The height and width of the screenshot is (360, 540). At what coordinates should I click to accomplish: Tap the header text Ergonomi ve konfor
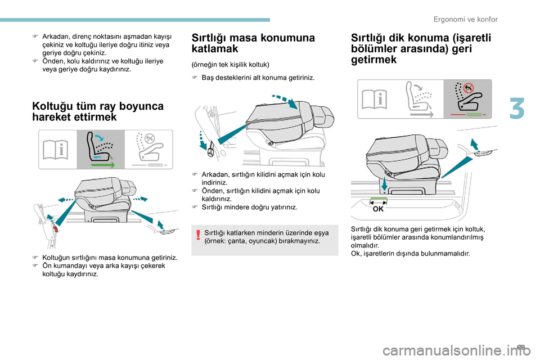(x=466, y=20)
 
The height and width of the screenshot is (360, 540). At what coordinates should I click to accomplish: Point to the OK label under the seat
(x=378, y=209)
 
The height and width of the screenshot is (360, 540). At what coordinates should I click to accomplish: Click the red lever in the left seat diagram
(x=56, y=229)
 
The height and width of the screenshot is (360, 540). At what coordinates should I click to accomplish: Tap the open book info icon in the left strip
(x=58, y=149)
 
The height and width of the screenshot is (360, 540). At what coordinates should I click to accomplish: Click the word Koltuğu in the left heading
(x=55, y=106)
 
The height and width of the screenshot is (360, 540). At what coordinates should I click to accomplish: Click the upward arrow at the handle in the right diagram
(x=473, y=146)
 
